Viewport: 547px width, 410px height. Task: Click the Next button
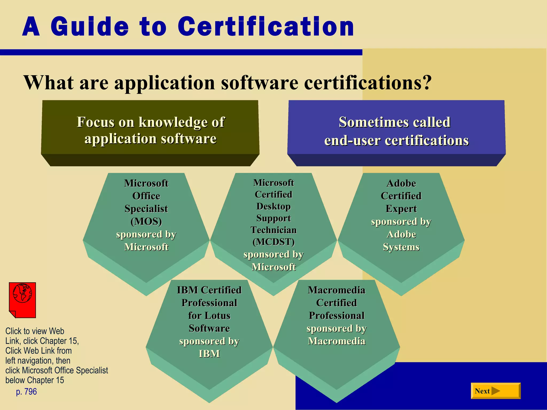495,391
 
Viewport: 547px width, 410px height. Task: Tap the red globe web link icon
22,300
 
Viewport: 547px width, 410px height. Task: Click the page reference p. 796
26,392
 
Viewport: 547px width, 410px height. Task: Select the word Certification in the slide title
266,27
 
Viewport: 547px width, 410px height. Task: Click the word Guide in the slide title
90,27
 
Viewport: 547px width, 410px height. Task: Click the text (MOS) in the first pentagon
146,221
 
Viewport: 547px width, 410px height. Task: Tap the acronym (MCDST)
273,242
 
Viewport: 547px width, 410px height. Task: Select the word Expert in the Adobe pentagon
401,209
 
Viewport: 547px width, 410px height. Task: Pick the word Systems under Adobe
401,247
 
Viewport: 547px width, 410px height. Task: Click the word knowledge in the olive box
173,122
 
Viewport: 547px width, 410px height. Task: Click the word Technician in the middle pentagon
273,230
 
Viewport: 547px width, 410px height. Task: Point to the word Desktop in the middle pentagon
273,206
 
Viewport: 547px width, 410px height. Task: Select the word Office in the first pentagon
146,196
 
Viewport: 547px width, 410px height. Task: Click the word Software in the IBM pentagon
209,328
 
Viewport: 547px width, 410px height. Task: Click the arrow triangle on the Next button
495,391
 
